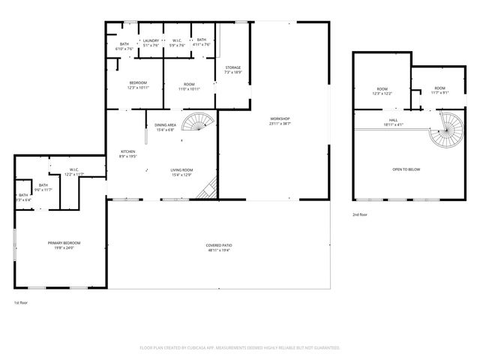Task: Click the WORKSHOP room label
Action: tap(280, 118)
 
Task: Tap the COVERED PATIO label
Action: tap(219, 245)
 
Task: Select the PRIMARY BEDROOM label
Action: tap(64, 242)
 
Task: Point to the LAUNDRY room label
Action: tap(151, 40)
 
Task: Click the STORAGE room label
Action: tap(233, 67)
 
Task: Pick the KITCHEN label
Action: tap(127, 151)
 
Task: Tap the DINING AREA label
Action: tap(165, 124)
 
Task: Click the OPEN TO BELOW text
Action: tap(406, 169)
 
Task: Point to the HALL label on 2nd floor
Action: tap(393, 120)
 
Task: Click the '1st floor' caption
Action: tap(21, 303)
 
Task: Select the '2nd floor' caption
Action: tap(361, 214)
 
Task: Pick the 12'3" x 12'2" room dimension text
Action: tap(382, 94)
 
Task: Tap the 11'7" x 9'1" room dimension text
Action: tap(439, 93)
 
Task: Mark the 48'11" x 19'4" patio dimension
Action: tap(219, 250)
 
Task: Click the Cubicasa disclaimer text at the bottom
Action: tap(240, 348)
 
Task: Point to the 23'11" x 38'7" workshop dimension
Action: tap(280, 124)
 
